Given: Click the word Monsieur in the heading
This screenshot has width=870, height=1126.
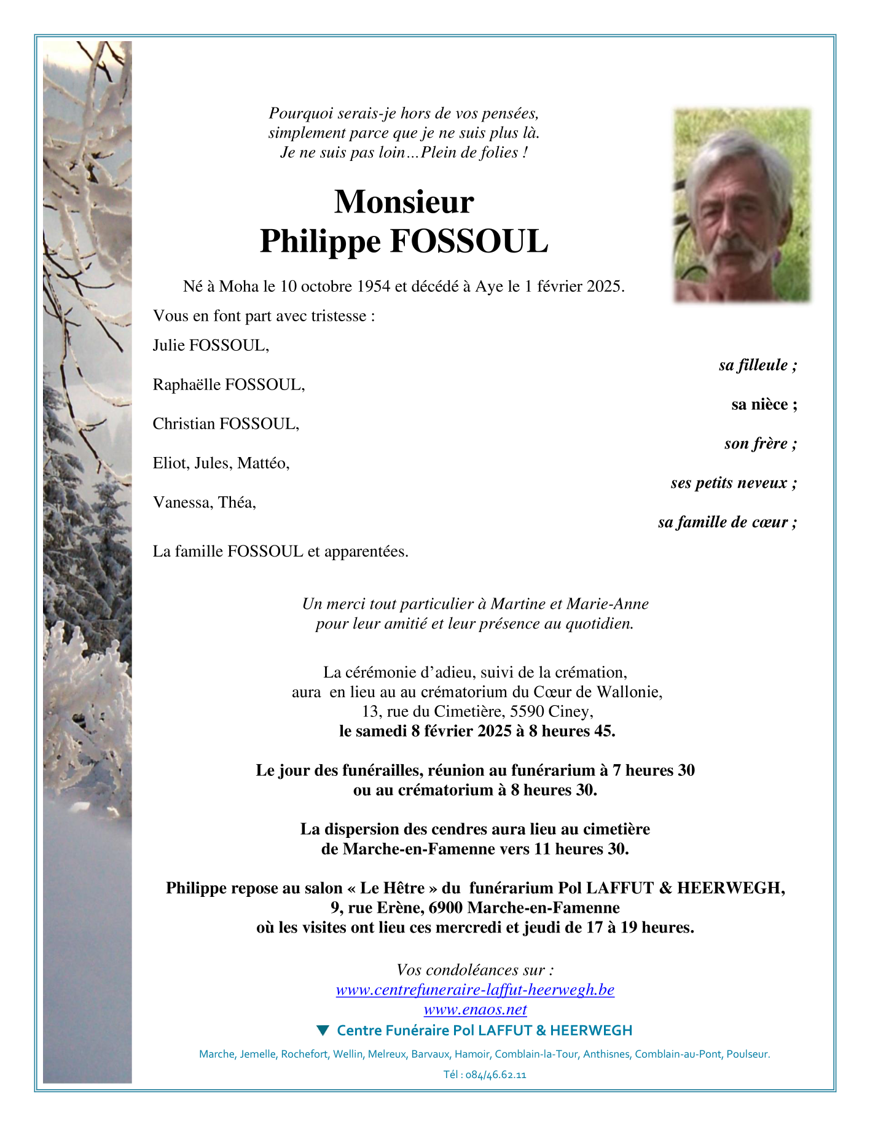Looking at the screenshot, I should pyautogui.click(x=404, y=201).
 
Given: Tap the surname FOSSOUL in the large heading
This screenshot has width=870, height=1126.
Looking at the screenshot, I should pyautogui.click(x=469, y=241).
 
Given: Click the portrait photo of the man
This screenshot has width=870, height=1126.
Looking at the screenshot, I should pyautogui.click(x=742, y=205).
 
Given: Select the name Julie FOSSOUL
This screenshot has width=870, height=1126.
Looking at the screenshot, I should pyautogui.click(x=211, y=345).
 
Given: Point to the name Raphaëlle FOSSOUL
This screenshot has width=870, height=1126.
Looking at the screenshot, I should pyautogui.click(x=229, y=385).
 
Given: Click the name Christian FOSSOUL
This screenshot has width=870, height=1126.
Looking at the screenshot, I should pyautogui.click(x=225, y=424).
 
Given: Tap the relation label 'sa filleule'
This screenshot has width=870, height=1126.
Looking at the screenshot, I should pyautogui.click(x=758, y=365).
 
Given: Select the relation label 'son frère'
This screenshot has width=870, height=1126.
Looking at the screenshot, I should pyautogui.click(x=760, y=444).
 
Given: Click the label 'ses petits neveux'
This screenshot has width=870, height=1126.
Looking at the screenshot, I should pyautogui.click(x=734, y=483).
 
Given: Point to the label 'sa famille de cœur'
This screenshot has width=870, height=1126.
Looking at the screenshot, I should pyautogui.click(x=727, y=522).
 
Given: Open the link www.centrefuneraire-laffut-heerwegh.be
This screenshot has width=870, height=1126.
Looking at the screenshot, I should pyautogui.click(x=475, y=990).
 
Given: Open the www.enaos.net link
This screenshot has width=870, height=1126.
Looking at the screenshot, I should pyautogui.click(x=475, y=1009).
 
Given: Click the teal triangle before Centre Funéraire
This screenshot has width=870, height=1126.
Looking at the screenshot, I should pyautogui.click(x=323, y=1030).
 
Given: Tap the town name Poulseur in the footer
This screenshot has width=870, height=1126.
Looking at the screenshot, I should pyautogui.click(x=748, y=1054).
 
